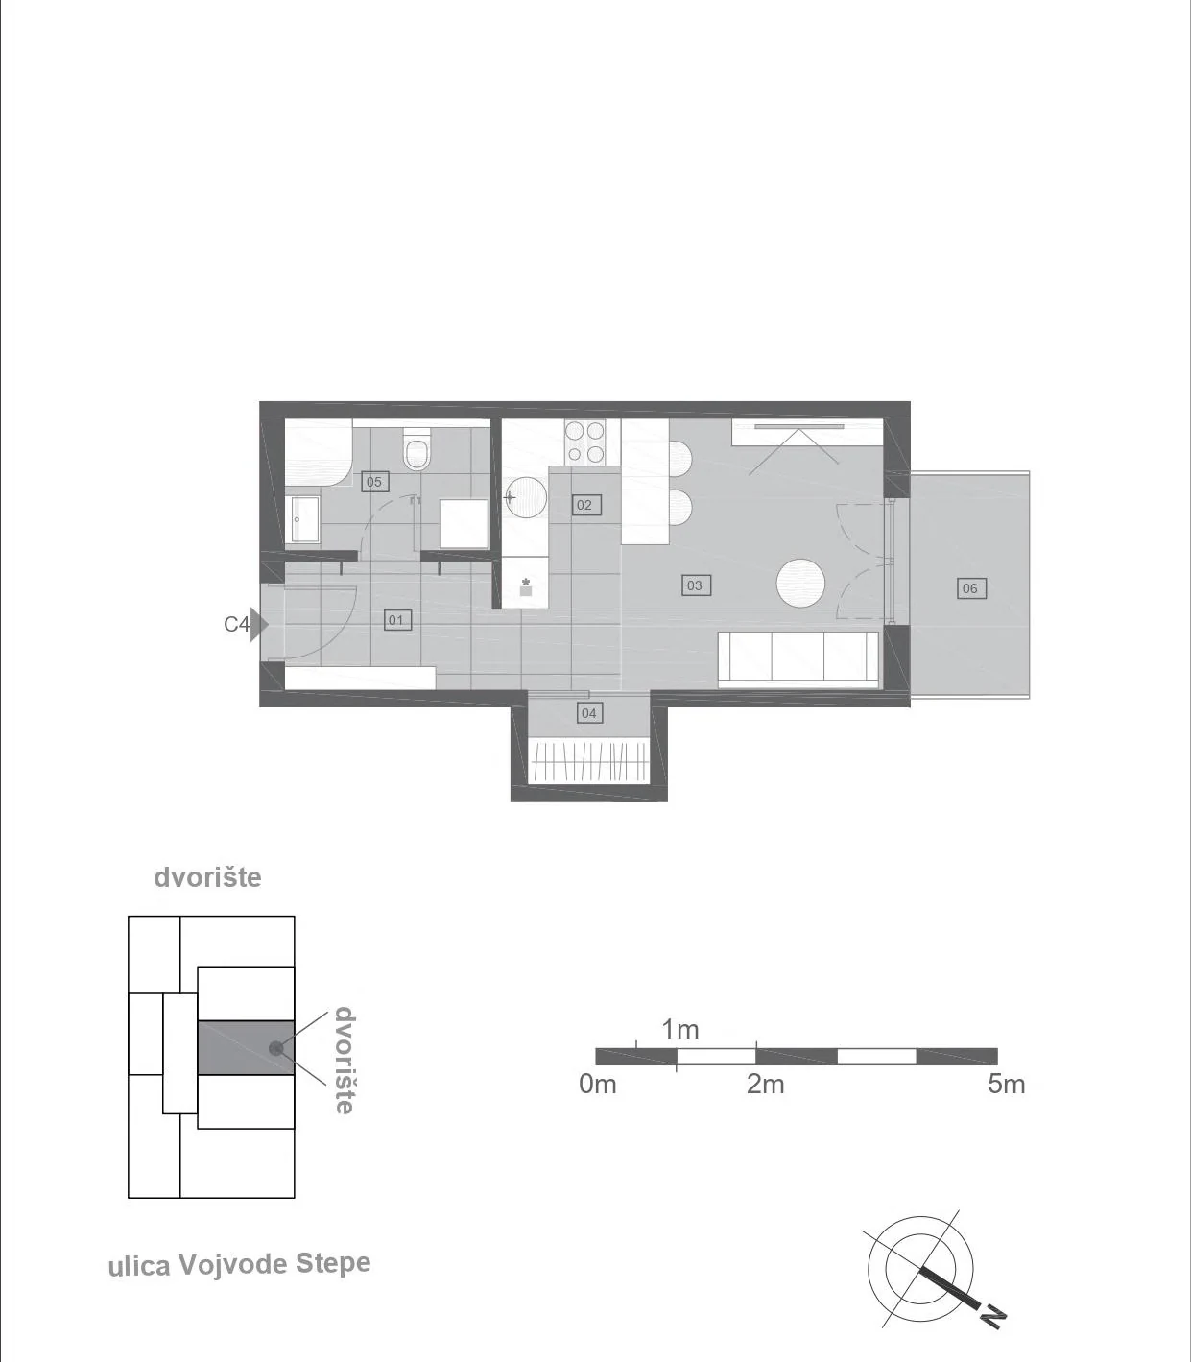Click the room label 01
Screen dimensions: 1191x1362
tap(396, 620)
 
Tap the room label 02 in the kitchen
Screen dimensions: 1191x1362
tap(584, 505)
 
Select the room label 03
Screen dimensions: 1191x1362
tap(695, 585)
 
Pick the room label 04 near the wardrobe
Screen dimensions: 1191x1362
tap(589, 713)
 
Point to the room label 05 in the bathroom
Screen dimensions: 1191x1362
tap(374, 481)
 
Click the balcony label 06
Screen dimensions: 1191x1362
tap(970, 587)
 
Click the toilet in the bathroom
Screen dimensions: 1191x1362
tap(417, 448)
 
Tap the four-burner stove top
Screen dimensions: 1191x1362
tap(584, 442)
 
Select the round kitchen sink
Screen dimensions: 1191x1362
tap(526, 496)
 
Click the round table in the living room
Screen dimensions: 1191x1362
tap(801, 583)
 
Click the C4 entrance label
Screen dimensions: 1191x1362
tap(236, 624)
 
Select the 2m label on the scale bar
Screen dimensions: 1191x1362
tap(765, 1085)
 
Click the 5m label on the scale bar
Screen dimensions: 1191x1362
tap(1006, 1085)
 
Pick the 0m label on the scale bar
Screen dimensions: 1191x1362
tap(598, 1085)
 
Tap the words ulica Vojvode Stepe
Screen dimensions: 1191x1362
tap(240, 1264)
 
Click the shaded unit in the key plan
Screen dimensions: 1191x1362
tap(246, 1048)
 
